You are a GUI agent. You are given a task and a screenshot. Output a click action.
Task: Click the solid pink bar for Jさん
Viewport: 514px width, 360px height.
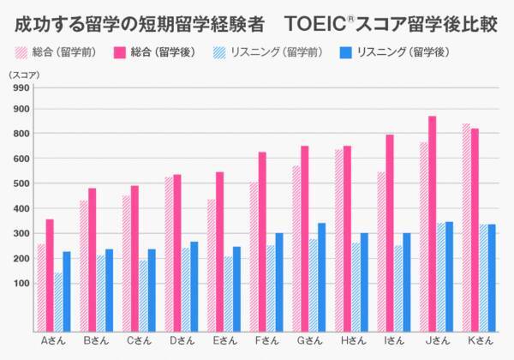pyautogui.click(x=433, y=223)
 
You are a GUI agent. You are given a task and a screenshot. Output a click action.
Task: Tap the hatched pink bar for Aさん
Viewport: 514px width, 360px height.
pyautogui.click(x=41, y=286)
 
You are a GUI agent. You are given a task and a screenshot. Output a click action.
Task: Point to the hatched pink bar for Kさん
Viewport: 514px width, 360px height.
pyautogui.click(x=466, y=226)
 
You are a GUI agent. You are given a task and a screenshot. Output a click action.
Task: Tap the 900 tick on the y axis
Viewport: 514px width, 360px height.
pyautogui.click(x=21, y=109)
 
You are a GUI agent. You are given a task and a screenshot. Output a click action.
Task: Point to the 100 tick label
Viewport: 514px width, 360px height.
pyautogui.click(x=21, y=283)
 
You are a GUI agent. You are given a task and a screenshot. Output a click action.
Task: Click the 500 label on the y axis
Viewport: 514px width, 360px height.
pyautogui.click(x=21, y=183)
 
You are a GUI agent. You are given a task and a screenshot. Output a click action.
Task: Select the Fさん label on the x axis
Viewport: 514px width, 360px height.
pyautogui.click(x=267, y=341)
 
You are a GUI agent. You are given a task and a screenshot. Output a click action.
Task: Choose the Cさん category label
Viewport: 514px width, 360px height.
pyautogui.click(x=140, y=341)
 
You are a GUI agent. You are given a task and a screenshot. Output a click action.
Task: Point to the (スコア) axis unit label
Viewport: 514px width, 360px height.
pyautogui.click(x=21, y=75)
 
